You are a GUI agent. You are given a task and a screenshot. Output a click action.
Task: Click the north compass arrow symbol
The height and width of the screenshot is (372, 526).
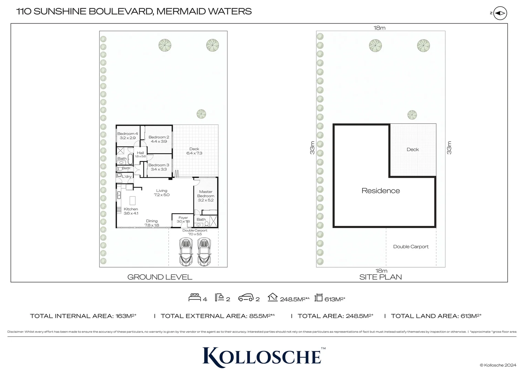[500, 13]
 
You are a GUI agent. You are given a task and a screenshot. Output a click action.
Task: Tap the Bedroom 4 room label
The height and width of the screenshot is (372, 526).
[128, 136]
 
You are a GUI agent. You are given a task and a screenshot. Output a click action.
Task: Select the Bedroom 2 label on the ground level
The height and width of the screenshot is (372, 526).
[159, 139]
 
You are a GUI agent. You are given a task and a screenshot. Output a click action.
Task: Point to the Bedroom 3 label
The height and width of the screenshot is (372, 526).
[159, 167]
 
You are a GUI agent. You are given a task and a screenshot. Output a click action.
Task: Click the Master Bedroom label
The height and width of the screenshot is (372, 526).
[206, 196]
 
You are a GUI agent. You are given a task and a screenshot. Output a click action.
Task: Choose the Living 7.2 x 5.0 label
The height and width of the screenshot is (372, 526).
[162, 193]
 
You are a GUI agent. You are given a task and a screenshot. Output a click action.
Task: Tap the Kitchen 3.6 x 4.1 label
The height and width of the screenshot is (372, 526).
[131, 211]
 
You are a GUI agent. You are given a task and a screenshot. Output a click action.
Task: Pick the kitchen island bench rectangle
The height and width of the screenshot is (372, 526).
[133, 201]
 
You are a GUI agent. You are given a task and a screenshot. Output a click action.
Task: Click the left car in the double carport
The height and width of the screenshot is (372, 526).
[186, 252]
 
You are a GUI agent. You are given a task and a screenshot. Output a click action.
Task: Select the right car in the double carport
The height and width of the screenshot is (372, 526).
[204, 252]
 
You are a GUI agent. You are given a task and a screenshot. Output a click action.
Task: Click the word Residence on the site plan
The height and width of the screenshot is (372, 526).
[381, 190]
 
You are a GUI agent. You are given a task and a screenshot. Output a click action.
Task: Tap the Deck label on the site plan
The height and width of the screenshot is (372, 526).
[413, 149]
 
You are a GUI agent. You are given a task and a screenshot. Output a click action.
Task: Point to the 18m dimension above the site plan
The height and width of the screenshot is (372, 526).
[379, 28]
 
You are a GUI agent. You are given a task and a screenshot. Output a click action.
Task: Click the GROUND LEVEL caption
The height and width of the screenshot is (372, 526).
[160, 277]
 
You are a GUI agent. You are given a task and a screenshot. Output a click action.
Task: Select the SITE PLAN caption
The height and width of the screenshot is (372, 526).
[380, 277]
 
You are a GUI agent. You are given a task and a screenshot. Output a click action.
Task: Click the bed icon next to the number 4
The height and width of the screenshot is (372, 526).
[194, 297]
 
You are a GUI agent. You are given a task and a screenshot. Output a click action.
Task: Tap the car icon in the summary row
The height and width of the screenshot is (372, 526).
[246, 298]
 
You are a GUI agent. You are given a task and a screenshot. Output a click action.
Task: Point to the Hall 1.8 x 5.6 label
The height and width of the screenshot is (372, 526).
[140, 154]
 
